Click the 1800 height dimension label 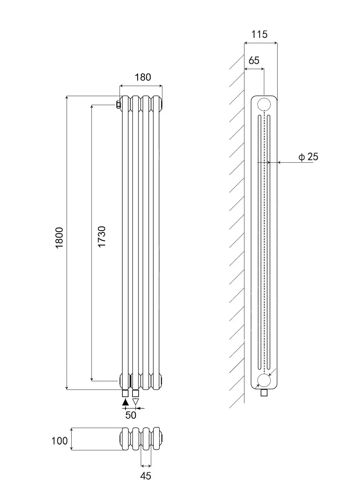(x=59, y=238)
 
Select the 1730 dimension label (x=102, y=237)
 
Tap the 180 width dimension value (x=143, y=77)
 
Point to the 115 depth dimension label (x=259, y=35)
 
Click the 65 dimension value (x=254, y=60)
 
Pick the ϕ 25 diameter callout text (x=308, y=157)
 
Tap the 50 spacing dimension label (x=131, y=415)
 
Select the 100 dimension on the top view (x=59, y=441)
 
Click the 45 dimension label (x=145, y=476)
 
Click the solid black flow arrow (x=125, y=402)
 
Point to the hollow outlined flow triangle (x=135, y=402)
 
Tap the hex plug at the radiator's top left (x=118, y=105)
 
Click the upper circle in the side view (x=264, y=104)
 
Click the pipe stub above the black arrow (x=125, y=393)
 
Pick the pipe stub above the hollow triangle (x=135, y=393)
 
